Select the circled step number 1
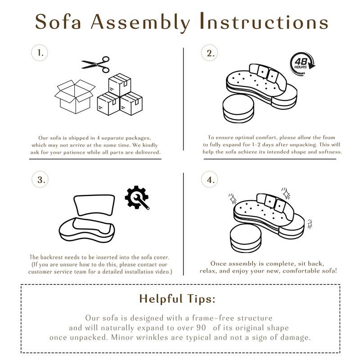click(40, 53)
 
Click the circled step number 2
click(209, 53)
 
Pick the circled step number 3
click(40, 180)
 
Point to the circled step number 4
click(209, 180)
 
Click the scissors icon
click(96, 64)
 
